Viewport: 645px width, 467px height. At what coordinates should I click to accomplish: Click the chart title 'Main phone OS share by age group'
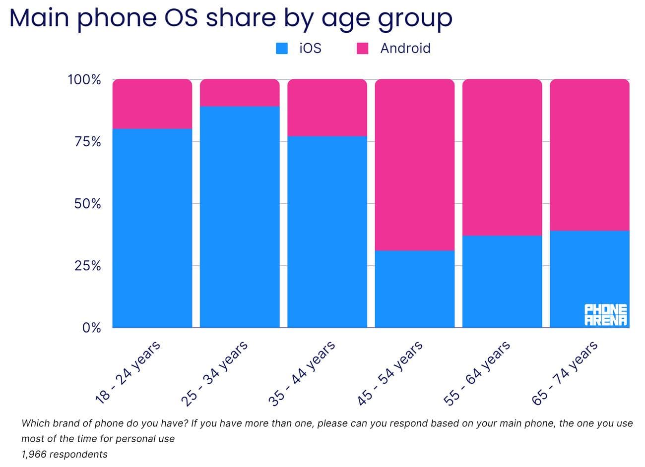pyautogui.click(x=231, y=18)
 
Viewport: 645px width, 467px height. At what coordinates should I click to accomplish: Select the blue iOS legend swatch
pyautogui.click(x=282, y=49)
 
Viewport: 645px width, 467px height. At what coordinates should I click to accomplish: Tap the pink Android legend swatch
pyautogui.click(x=363, y=49)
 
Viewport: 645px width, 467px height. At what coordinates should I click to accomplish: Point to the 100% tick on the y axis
pyautogui.click(x=84, y=80)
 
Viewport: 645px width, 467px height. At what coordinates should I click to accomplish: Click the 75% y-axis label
pyautogui.click(x=87, y=142)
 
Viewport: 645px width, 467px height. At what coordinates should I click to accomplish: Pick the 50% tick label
pyautogui.click(x=87, y=204)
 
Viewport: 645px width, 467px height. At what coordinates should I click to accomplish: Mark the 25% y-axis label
pyautogui.click(x=87, y=266)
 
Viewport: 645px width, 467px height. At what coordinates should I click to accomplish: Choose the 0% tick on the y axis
pyautogui.click(x=91, y=328)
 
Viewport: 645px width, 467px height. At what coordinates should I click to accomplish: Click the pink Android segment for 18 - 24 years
pyautogui.click(x=152, y=104)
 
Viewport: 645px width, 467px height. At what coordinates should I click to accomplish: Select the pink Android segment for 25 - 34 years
pyautogui.click(x=240, y=93)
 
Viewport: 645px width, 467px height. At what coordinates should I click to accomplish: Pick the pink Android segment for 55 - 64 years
pyautogui.click(x=502, y=157)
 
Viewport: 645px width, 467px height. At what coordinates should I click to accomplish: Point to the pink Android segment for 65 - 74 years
pyautogui.click(x=589, y=155)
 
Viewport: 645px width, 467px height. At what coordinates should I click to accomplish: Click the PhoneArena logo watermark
pyautogui.click(x=606, y=315)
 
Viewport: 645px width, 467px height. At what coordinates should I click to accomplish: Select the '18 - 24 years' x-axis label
pyautogui.click(x=128, y=372)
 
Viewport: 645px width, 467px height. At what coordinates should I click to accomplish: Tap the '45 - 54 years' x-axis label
pyautogui.click(x=390, y=373)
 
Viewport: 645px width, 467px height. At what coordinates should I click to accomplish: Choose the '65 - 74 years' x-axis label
pyautogui.click(x=565, y=373)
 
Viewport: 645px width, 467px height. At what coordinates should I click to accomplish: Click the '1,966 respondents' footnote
pyautogui.click(x=64, y=454)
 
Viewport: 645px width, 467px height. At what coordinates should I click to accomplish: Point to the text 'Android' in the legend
pyautogui.click(x=405, y=49)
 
